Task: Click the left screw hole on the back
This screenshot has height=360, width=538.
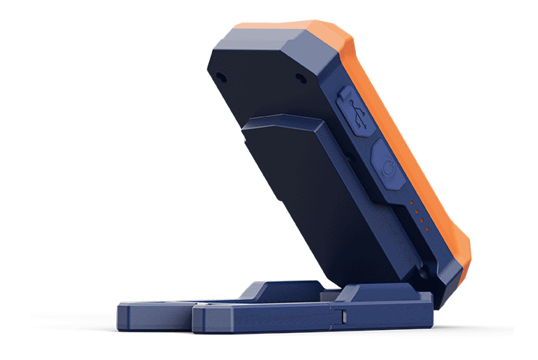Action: [220, 76]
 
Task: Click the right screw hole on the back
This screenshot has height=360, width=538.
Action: [300, 78]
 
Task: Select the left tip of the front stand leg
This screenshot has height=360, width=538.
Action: [196, 319]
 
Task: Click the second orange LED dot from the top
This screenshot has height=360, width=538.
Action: [414, 212]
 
